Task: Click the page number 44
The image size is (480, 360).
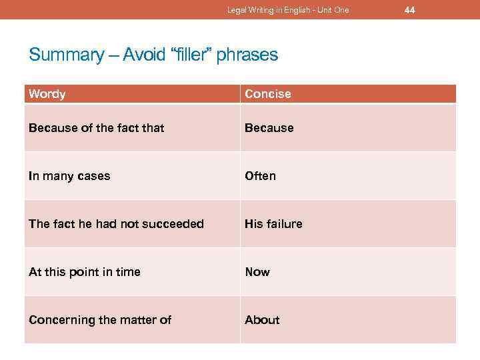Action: pos(409,9)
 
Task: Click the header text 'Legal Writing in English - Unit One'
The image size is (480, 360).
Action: pos(288,10)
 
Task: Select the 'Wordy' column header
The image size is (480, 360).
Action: pos(47,94)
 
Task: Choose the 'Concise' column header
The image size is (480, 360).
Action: pos(268,94)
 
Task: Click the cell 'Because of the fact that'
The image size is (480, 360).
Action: pos(96,127)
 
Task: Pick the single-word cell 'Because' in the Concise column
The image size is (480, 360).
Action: pos(269,127)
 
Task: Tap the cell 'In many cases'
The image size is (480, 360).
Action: pos(69,176)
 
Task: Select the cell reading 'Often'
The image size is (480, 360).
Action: pos(260,176)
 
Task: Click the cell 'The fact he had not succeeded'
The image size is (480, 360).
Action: pos(116,224)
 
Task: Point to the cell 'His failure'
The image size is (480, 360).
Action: pos(273,224)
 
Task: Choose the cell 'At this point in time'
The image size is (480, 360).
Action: pos(85,272)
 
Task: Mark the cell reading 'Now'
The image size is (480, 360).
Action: pos(257,272)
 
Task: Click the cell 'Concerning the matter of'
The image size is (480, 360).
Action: pos(100,320)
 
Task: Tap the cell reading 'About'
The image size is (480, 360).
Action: pos(262,320)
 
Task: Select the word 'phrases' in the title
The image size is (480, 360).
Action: pos(252,55)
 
